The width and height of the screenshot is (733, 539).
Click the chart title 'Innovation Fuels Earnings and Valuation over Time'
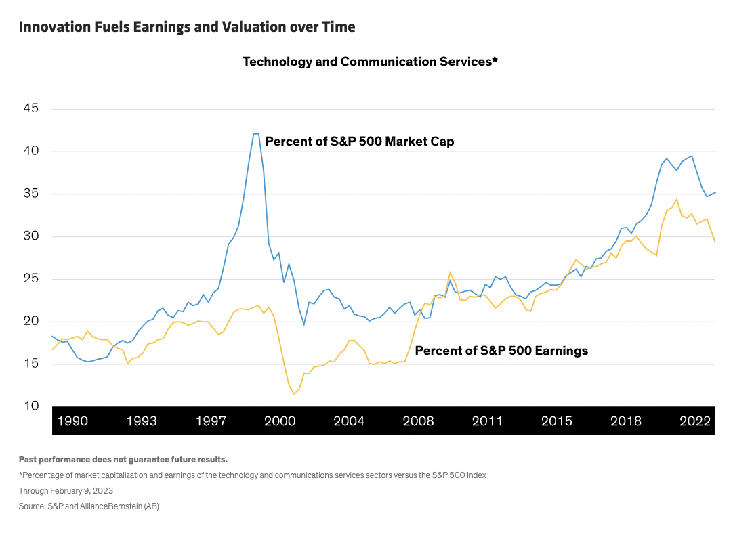click(x=187, y=27)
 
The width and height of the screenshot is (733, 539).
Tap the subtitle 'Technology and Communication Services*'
click(x=371, y=62)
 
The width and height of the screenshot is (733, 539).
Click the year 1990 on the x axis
click(x=72, y=421)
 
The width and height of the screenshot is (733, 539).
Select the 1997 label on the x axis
click(x=211, y=421)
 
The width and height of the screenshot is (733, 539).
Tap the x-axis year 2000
click(x=280, y=421)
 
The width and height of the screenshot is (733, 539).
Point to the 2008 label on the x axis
click(x=418, y=421)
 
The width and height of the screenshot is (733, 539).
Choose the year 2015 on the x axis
click(x=556, y=421)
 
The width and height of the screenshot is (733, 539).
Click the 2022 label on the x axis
click(x=694, y=421)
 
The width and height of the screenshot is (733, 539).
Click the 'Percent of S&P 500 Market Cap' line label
click(x=359, y=142)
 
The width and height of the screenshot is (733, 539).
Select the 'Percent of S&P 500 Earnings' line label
click(x=501, y=351)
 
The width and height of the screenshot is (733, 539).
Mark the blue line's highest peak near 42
click(x=256, y=134)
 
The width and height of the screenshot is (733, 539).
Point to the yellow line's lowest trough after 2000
click(x=294, y=393)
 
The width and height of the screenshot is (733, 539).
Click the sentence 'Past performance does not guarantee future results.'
click(x=123, y=459)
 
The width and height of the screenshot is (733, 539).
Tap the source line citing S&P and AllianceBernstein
click(x=89, y=506)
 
